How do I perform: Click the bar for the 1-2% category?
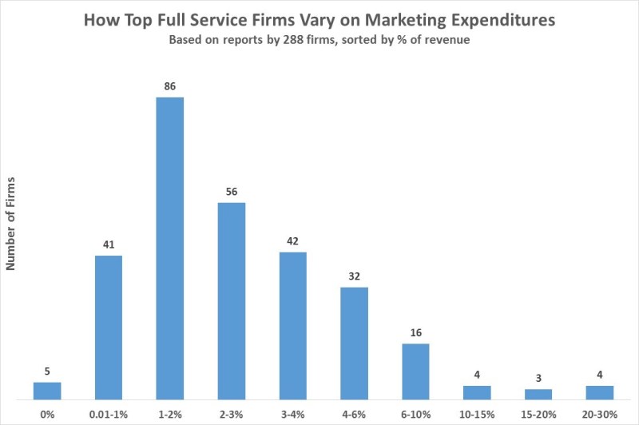point(170,248)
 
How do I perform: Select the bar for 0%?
point(47,391)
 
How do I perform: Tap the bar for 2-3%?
point(232,301)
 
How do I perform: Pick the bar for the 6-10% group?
point(415,371)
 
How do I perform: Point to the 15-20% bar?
point(538,395)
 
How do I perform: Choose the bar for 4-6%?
point(354,344)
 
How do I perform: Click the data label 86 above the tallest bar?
point(170,86)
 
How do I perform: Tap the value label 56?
point(232,192)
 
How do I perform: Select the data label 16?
point(415,332)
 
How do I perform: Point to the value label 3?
point(538,378)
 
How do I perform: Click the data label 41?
point(109,244)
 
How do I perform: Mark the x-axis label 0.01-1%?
point(109,415)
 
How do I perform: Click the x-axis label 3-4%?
point(292,415)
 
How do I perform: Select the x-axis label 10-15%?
point(477,415)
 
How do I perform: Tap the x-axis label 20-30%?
point(600,415)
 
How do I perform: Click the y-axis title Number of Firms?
point(10,224)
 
